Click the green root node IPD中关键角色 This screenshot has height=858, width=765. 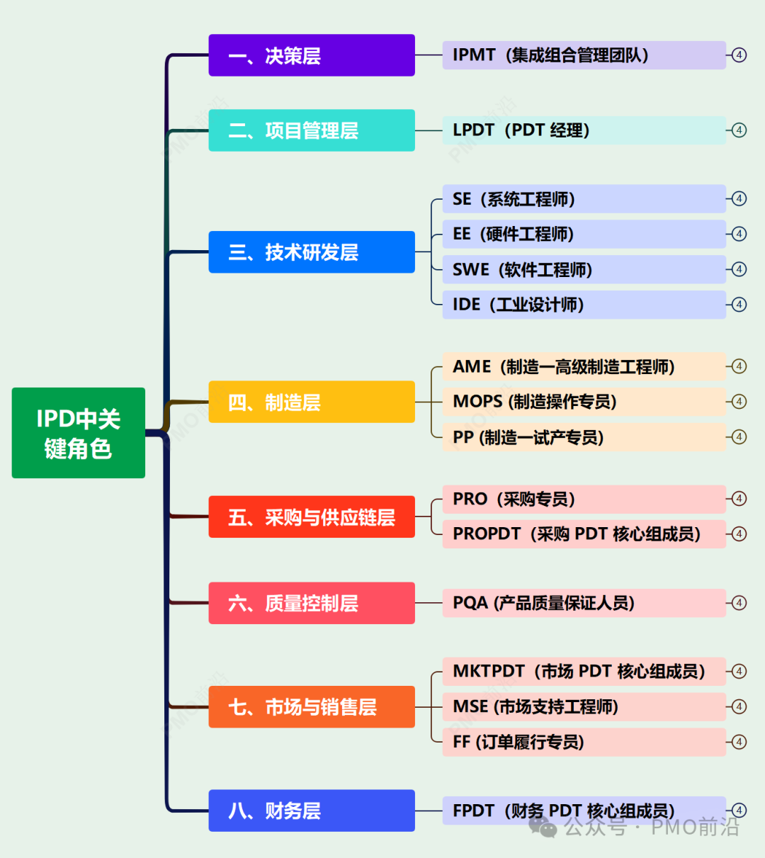tap(78, 432)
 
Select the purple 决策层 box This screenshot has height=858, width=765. tap(311, 55)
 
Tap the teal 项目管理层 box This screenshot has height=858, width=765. tap(311, 130)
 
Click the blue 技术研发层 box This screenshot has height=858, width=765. tap(311, 252)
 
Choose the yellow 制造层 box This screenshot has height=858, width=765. tap(311, 402)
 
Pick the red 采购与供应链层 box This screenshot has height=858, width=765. tap(311, 517)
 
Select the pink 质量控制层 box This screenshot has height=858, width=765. tap(311, 603)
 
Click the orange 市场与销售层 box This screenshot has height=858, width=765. tap(311, 706)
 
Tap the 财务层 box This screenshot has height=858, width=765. tap(311, 811)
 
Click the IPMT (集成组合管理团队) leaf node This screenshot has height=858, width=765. tap(584, 55)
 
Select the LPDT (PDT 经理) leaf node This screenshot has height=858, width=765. tap(584, 130)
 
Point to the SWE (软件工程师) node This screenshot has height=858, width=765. tap(584, 269)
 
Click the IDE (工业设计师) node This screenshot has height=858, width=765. tap(584, 305)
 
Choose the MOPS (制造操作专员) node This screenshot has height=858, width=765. tap(584, 402)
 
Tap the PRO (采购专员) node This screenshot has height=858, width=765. tap(584, 499)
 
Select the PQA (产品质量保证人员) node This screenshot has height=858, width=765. tap(584, 603)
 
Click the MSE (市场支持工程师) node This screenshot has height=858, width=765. tap(584, 706)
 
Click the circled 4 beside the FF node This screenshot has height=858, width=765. tap(739, 742)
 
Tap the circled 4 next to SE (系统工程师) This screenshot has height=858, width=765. tap(739, 199)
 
